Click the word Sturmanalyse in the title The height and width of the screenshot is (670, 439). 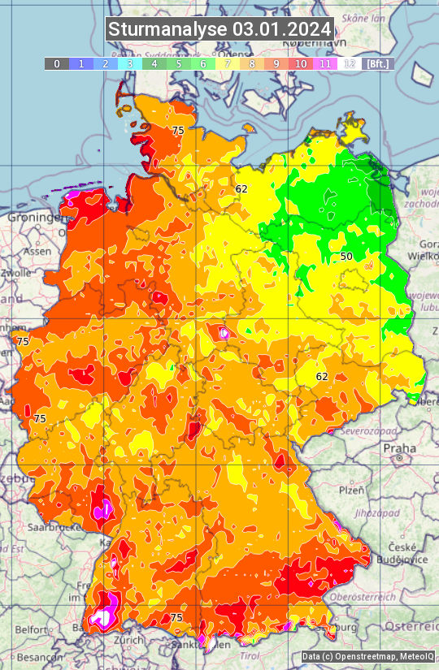pos(168,30)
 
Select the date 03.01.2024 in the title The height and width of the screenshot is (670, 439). pos(282,30)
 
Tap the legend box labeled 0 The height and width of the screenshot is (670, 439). pos(56,63)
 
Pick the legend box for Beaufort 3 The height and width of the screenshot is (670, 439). pos(129,63)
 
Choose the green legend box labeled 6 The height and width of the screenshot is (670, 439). pos(202,63)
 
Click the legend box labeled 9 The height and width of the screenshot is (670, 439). pos(276,63)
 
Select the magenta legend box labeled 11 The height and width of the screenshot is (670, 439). pos(325,63)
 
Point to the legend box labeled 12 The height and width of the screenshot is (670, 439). pos(350,63)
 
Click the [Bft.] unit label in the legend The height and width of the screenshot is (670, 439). pos(377,63)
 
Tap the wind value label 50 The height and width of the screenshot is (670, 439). pos(346,257)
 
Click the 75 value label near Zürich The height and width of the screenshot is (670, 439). pos(176,618)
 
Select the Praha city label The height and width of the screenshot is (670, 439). pos(399,448)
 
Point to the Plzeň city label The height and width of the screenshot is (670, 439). pos(351,491)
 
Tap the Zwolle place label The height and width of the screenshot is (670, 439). pos(15,274)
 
